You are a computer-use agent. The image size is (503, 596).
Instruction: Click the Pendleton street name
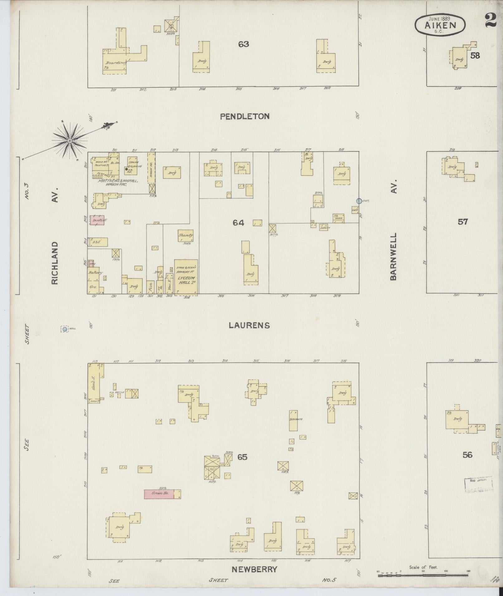(244, 117)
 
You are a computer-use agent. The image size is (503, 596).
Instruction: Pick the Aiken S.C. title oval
(440, 24)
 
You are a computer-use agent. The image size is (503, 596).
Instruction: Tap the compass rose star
(70, 141)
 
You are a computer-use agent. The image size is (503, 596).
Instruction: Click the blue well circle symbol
(65, 329)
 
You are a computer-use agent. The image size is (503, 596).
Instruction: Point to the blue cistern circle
(359, 201)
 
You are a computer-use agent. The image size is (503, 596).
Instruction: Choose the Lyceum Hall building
(186, 277)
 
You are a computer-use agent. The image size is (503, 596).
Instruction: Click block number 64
(238, 222)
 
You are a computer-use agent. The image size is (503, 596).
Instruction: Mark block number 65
(242, 457)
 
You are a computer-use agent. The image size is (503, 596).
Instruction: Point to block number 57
(463, 222)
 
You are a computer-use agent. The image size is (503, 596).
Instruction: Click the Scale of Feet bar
(423, 575)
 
